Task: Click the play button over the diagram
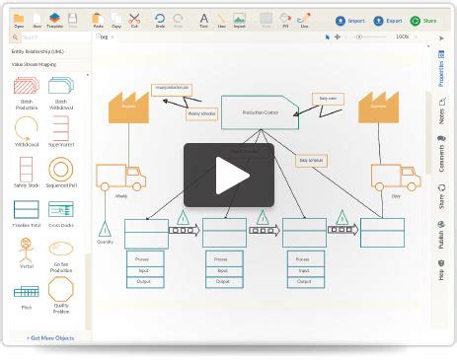click(228, 176)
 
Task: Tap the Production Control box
click(260, 112)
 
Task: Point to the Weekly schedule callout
click(201, 113)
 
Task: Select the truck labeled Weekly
click(119, 178)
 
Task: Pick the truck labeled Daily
click(395, 178)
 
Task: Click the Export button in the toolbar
click(388, 20)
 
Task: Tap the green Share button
click(423, 20)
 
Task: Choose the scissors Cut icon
click(134, 20)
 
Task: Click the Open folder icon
click(19, 20)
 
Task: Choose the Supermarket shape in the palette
click(61, 128)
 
